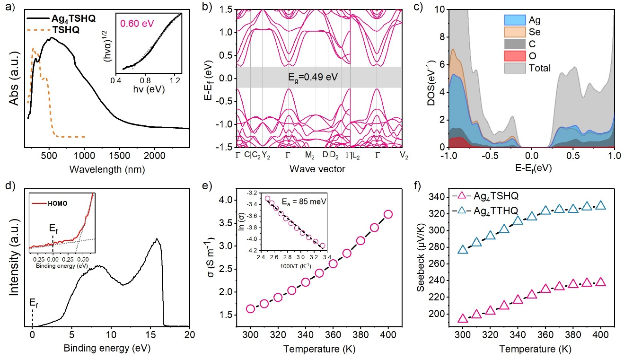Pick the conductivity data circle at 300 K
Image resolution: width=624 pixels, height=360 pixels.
coord(251,309)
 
